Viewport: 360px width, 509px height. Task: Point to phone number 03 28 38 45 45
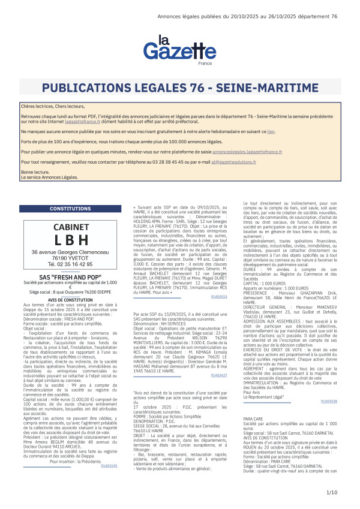(x=178, y=162)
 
